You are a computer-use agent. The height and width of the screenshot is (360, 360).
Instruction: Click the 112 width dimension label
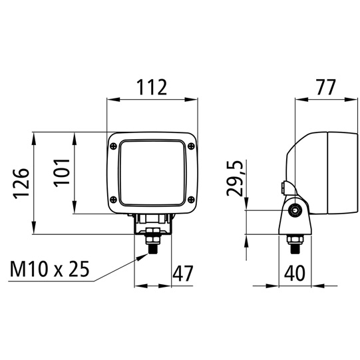152,87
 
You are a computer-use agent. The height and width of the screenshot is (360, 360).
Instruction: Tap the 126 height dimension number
21,184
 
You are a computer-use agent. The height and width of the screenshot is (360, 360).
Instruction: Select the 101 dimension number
61,171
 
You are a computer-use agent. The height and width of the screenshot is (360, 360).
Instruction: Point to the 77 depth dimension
326,87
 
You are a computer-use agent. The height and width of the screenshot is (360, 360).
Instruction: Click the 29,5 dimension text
234,178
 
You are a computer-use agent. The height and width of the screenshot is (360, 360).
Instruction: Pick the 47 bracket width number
183,273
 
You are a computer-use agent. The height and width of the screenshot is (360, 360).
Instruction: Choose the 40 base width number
295,273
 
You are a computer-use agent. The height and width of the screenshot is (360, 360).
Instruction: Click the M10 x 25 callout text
49,269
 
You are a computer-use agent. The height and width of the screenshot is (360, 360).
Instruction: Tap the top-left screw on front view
114,146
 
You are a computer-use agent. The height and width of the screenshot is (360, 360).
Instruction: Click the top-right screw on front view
191,146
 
